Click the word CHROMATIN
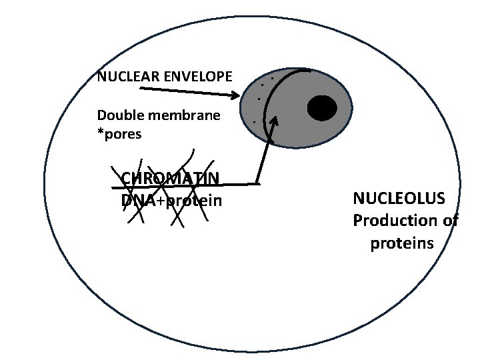coord(171,179)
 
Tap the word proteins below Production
coord(402,243)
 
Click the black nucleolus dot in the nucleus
coord(321,108)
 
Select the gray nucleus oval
coord(300,133)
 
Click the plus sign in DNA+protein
coord(159,201)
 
